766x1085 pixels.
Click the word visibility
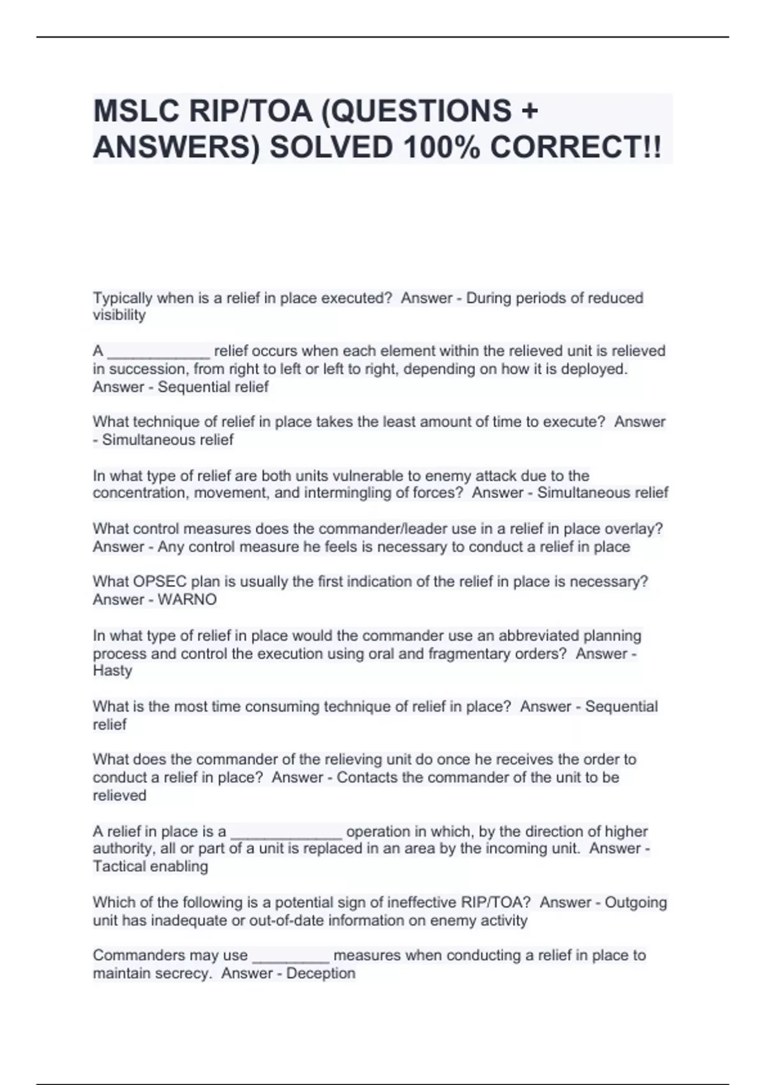click(119, 315)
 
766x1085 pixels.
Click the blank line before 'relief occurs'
click(158, 352)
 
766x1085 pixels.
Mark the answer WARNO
click(187, 599)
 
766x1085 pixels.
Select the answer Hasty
click(112, 671)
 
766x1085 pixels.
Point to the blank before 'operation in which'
click(286, 832)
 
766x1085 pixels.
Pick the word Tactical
click(119, 867)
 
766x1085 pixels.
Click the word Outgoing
click(636, 902)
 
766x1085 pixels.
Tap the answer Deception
click(320, 973)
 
